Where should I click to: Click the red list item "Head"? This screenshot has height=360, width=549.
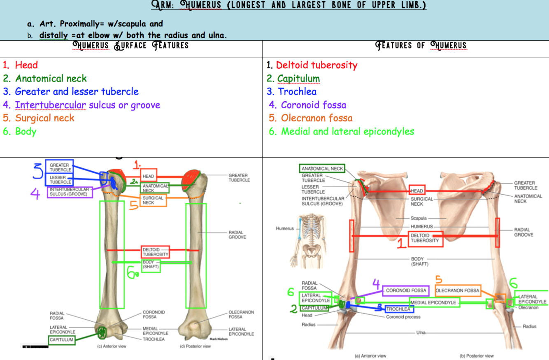pyautogui.click(x=26, y=65)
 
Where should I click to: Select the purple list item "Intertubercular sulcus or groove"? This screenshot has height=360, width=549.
pyautogui.click(x=87, y=105)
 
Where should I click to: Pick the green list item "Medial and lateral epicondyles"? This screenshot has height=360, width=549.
pyautogui.click(x=347, y=131)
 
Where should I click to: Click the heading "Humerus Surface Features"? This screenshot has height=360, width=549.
pyautogui.click(x=130, y=45)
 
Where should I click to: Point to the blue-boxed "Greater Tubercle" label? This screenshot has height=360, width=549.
pyautogui.click(x=60, y=167)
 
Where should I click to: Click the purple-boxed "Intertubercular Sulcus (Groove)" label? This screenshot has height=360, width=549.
pyautogui.click(x=69, y=192)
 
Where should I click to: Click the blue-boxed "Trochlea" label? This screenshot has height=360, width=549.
pyautogui.click(x=398, y=309)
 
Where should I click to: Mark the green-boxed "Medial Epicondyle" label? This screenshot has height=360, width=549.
pyautogui.click(x=434, y=303)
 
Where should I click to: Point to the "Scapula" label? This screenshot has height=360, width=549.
pyautogui.click(x=419, y=218)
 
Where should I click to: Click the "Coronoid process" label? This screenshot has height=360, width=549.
pyautogui.click(x=403, y=317)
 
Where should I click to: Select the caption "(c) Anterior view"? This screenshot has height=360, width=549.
pyautogui.click(x=112, y=346)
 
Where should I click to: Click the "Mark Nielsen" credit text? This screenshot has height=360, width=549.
pyautogui.click(x=219, y=339)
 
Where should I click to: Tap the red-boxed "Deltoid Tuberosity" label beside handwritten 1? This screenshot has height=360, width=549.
pyautogui.click(x=425, y=238)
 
